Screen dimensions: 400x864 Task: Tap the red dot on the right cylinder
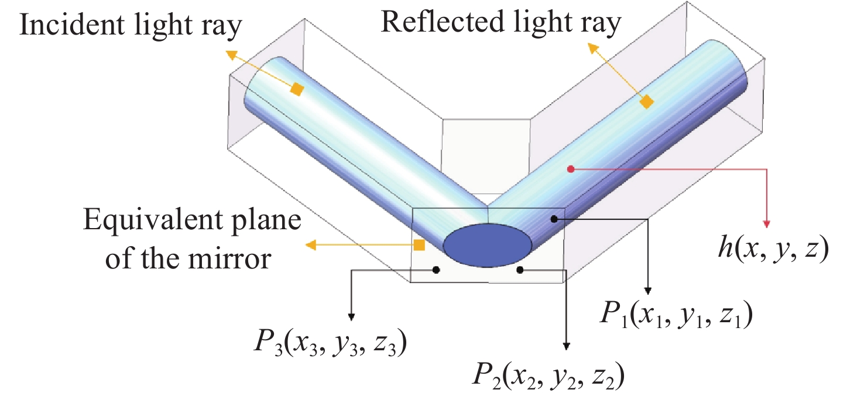click(571, 169)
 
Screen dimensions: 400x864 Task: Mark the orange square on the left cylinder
click(297, 89)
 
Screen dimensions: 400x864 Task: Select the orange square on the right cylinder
click(646, 102)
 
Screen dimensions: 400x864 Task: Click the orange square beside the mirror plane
click(419, 245)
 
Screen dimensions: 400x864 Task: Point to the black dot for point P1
click(553, 219)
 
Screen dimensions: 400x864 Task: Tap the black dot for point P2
click(520, 270)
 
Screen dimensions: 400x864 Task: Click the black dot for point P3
click(436, 270)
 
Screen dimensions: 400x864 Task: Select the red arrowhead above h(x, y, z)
click(766, 225)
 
